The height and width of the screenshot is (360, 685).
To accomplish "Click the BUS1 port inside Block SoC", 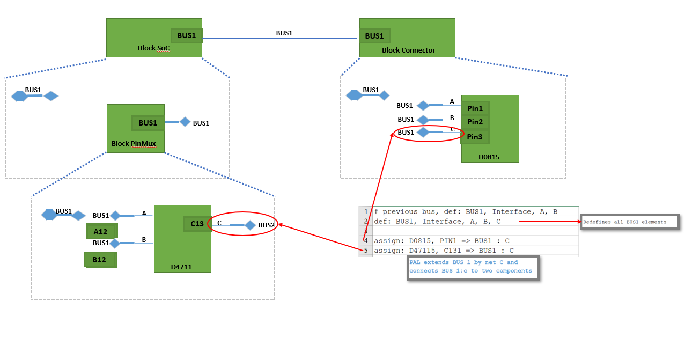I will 187,36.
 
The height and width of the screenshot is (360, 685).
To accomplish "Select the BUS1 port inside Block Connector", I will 374,36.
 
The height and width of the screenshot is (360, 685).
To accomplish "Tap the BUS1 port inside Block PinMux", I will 148,123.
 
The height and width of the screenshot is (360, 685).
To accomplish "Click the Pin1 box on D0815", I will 475,108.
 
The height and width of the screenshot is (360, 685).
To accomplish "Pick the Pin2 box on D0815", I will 475,122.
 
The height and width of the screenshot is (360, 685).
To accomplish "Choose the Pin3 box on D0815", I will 475,137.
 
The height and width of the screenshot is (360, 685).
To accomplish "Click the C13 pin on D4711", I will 197,224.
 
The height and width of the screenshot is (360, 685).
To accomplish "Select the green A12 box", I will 101,232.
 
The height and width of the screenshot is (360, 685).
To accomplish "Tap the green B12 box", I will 100,260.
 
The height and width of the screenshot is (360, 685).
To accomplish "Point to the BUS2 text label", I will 267,225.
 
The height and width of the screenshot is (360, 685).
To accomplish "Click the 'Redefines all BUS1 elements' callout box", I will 629,222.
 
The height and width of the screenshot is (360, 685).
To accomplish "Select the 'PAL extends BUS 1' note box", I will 472,267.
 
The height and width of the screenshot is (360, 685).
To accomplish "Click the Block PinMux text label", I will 134,144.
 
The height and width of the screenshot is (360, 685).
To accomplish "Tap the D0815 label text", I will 489,157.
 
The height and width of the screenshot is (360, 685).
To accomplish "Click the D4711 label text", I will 181,267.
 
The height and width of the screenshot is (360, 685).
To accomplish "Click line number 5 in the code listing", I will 366,250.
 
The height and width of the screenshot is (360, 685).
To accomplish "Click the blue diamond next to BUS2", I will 250,225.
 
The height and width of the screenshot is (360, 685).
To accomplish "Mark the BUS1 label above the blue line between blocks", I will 284,33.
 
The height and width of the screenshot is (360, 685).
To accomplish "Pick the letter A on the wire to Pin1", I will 452,101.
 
